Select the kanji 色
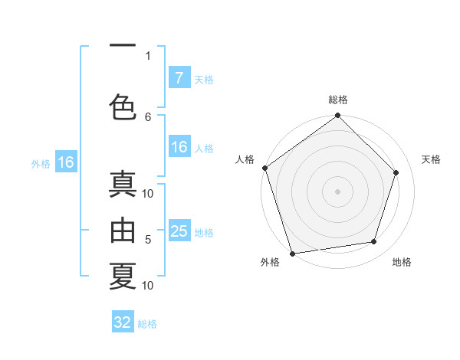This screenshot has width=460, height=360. pyautogui.click(x=123, y=106)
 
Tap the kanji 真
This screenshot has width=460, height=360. pyautogui.click(x=123, y=186)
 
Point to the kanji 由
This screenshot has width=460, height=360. pyautogui.click(x=123, y=230)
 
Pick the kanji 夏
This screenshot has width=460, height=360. pyautogui.click(x=123, y=275)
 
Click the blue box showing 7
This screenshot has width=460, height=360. pyautogui.click(x=179, y=77)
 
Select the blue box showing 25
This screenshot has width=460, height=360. pyautogui.click(x=179, y=231)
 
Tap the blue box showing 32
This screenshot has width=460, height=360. pyautogui.click(x=123, y=322)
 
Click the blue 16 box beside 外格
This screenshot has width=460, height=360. pyautogui.click(x=65, y=162)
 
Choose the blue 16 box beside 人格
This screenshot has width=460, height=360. pyautogui.click(x=179, y=147)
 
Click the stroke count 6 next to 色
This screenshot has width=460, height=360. pyautogui.click(x=148, y=116)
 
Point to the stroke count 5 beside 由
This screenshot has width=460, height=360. pyautogui.click(x=148, y=240)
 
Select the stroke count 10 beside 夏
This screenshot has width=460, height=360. pyautogui.click(x=148, y=286)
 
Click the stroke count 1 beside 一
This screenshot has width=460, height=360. pyautogui.click(x=148, y=55)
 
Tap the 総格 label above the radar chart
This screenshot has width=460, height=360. pyautogui.click(x=337, y=100)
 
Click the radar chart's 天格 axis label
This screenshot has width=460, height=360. pyautogui.click(x=431, y=159)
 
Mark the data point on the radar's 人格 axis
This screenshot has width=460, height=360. pyautogui.click(x=264, y=168)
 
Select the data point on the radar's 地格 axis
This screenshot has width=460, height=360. pyautogui.click(x=374, y=242)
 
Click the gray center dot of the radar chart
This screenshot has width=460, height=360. pyautogui.click(x=337, y=191)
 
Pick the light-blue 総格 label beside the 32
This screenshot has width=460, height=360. pyautogui.click(x=147, y=324)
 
